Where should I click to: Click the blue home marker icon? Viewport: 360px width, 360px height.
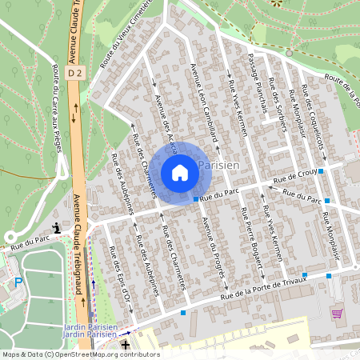(x=180, y=172)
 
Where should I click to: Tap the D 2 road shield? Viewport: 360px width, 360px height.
(x=76, y=73)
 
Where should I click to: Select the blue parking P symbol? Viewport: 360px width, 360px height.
(x=18, y=282)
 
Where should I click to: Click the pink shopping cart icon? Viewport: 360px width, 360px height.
(x=337, y=314)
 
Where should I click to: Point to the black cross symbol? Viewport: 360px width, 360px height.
(x=125, y=342)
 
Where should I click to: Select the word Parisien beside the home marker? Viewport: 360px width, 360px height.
(x=217, y=164)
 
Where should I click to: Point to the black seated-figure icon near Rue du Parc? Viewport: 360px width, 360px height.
(x=55, y=230)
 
